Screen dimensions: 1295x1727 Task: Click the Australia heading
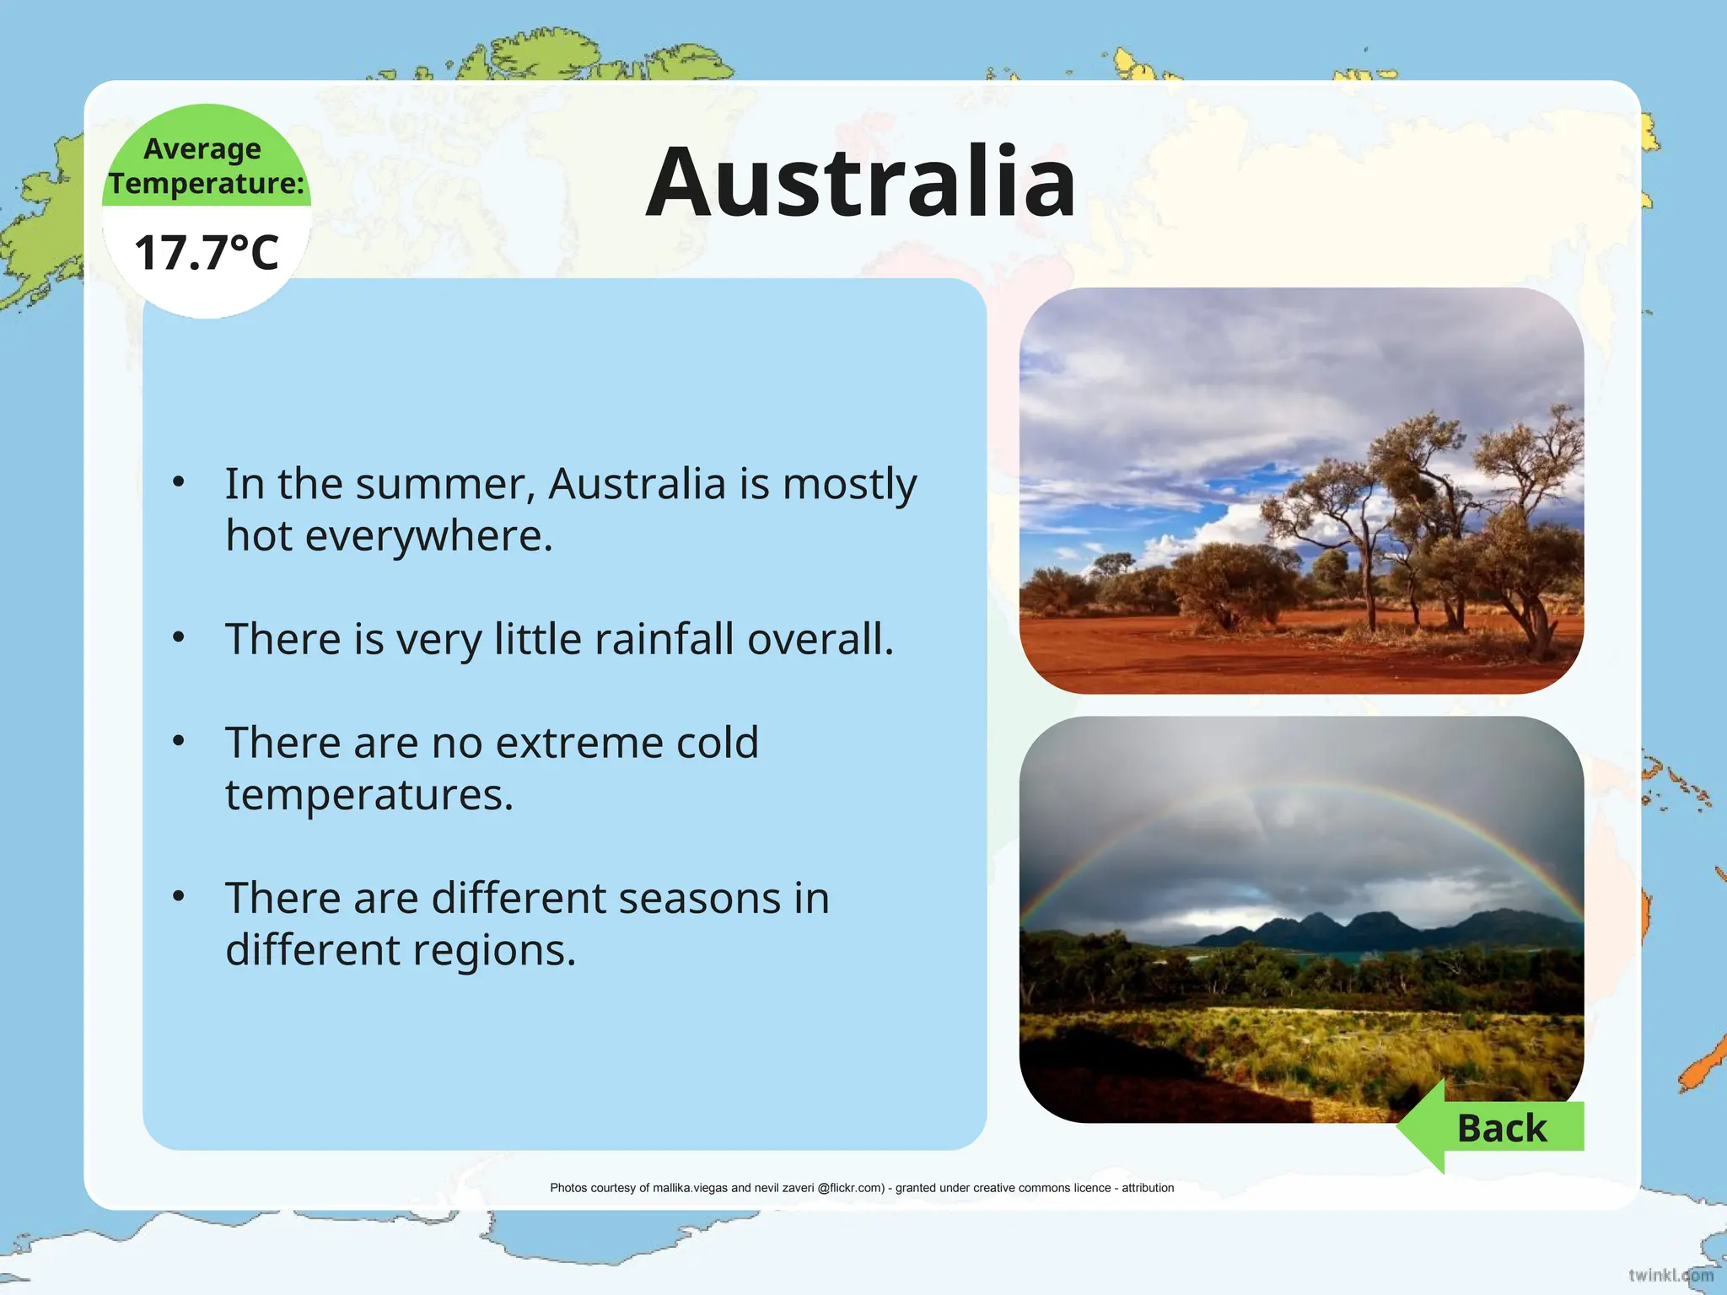click(x=860, y=182)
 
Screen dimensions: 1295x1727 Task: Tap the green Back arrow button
click(x=1493, y=1128)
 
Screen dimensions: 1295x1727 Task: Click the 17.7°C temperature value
click(x=207, y=253)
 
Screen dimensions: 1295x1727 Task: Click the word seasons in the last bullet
click(x=699, y=898)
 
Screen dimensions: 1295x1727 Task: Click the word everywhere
click(x=429, y=537)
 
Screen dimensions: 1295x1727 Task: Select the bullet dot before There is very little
click(x=178, y=637)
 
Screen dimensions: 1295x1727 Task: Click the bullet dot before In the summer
click(x=178, y=482)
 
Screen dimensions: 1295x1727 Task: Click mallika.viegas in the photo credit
click(x=690, y=1188)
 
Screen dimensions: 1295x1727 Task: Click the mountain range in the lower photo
click(x=1383, y=927)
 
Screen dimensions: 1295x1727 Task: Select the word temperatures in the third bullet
click(x=369, y=795)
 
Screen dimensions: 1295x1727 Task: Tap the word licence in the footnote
click(x=1092, y=1188)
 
